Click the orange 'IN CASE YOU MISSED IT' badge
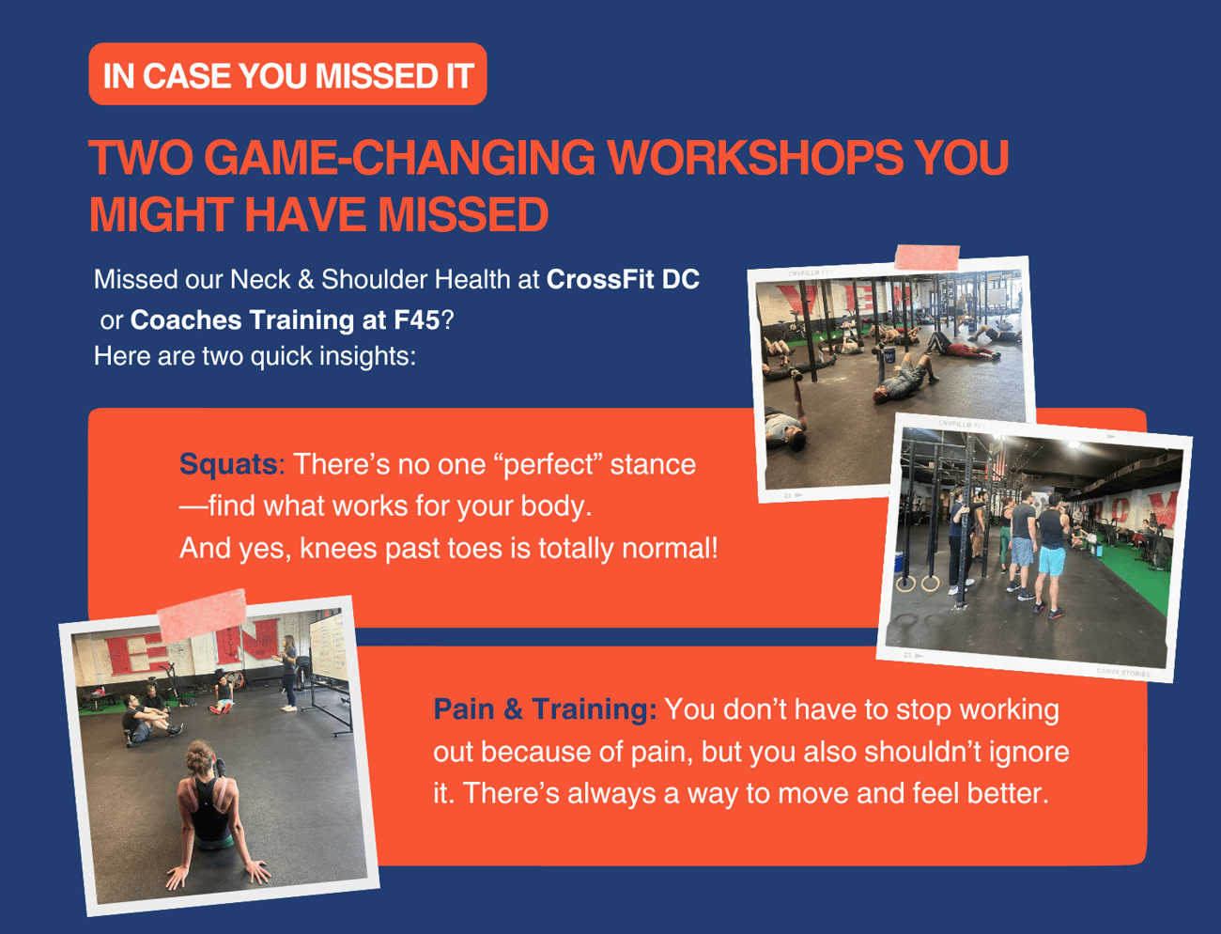[x=287, y=74]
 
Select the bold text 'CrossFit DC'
[x=623, y=279]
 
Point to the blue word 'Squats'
[x=228, y=463]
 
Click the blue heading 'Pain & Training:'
[x=545, y=709]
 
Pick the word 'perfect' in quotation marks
[x=548, y=464]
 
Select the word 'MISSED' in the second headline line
[x=463, y=215]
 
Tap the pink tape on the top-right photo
[x=927, y=257]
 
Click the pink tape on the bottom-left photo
[x=202, y=615]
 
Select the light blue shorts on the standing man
[x=1051, y=560]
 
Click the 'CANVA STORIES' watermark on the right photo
[x=1122, y=672]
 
